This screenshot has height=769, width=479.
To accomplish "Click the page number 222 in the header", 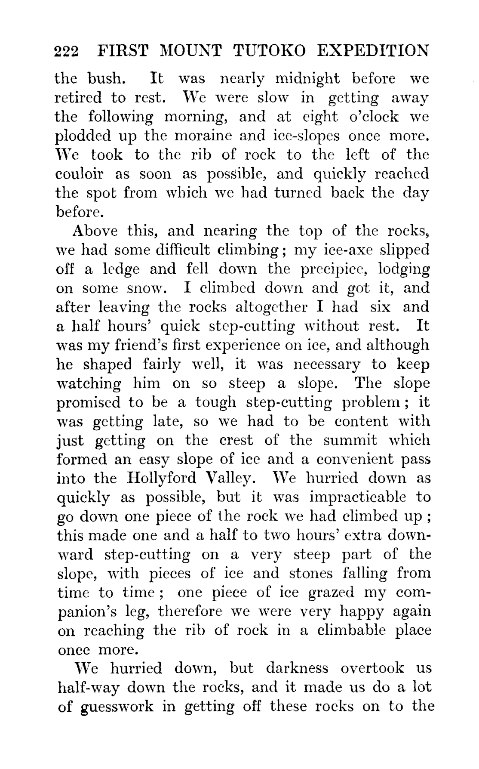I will [x=67, y=52].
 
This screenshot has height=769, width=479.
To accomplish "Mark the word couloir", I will [x=80, y=174].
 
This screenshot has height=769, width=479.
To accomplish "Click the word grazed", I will [x=331, y=593].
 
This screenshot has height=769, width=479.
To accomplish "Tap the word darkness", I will [x=297, y=668].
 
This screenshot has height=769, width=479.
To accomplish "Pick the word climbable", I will [x=348, y=630].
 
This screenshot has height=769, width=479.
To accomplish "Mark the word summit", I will [x=350, y=440].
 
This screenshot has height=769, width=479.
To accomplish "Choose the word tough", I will [x=215, y=402].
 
